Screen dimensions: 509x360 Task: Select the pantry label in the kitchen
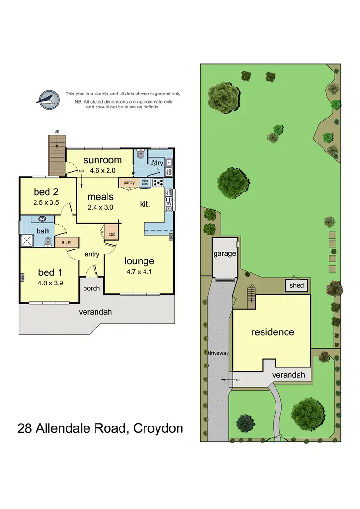point(129,182)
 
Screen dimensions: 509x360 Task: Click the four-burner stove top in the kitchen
point(158,182)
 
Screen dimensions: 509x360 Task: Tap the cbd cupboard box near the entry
point(112,234)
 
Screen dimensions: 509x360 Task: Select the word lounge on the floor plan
point(139,261)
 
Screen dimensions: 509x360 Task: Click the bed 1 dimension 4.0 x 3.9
point(51,283)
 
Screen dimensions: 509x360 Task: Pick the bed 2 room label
point(47,192)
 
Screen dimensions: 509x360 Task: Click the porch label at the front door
point(91,289)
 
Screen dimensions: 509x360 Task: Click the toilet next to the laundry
point(140,155)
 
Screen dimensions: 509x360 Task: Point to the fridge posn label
point(144,182)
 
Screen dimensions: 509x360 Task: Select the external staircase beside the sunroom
point(57,155)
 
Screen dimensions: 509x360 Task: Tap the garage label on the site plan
point(225,253)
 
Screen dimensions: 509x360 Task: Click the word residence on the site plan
point(273,332)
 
